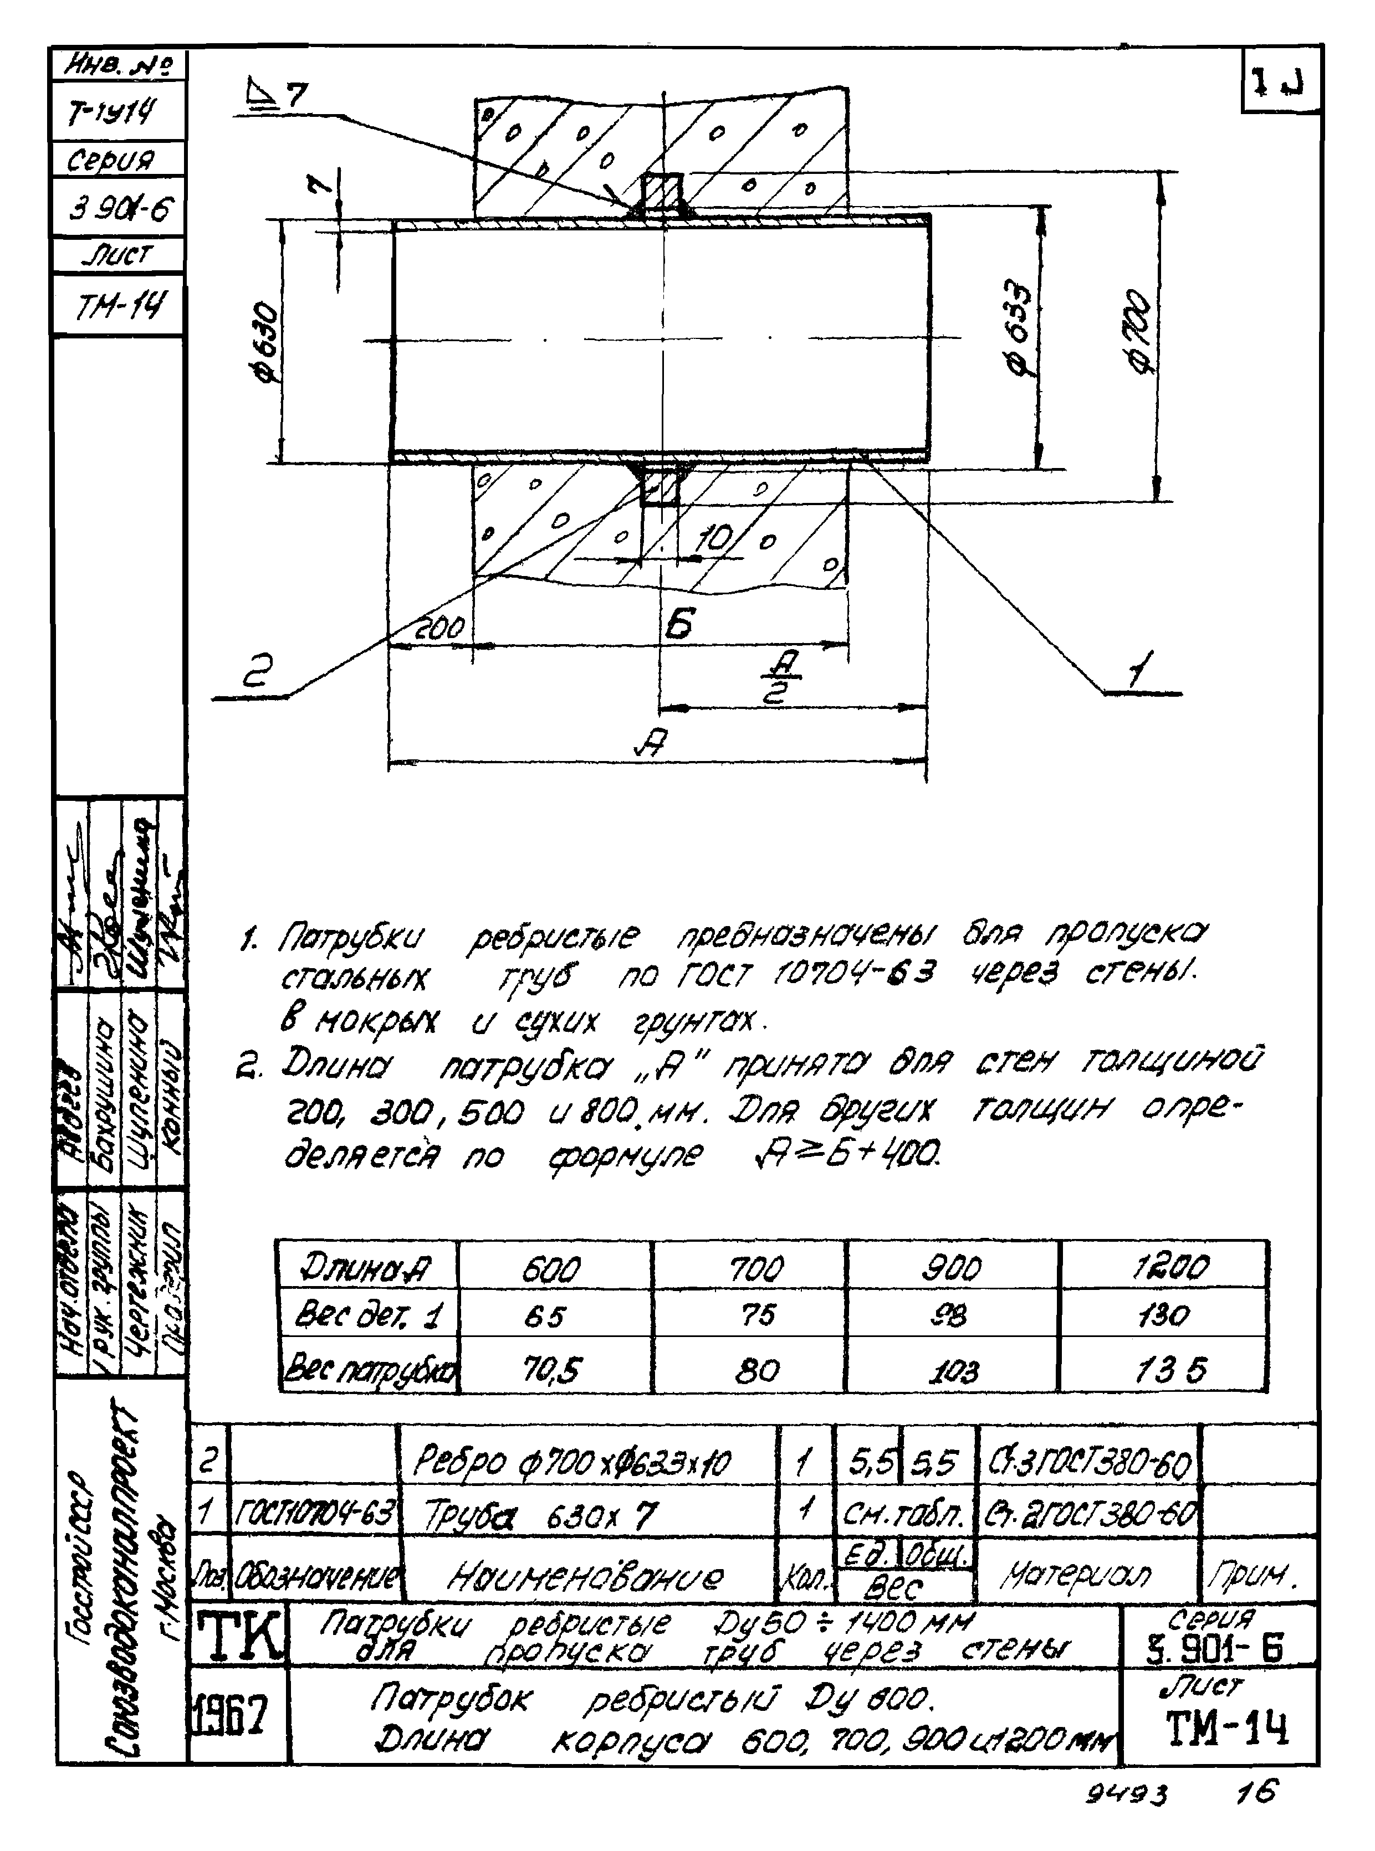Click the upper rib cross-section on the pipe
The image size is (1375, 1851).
tap(662, 196)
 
